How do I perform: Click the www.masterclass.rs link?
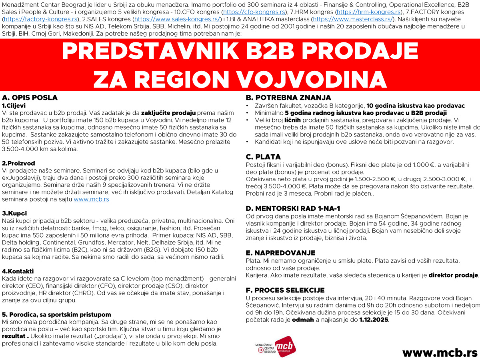click(352, 19)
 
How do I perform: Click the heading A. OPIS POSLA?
click(30, 98)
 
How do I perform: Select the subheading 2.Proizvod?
click(19, 163)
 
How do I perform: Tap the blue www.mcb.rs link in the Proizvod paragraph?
click(91, 199)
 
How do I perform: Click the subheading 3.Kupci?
click(14, 213)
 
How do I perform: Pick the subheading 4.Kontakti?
click(18, 271)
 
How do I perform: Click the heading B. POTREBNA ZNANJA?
click(288, 98)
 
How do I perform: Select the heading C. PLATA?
click(263, 157)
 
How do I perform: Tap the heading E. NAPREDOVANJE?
click(280, 253)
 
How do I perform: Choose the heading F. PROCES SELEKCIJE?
click(285, 290)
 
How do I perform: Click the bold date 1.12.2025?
click(374, 320)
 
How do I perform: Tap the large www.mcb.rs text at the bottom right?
click(440, 352)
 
